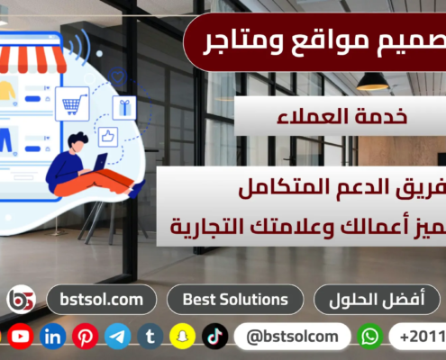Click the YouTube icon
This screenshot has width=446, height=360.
click(x=21, y=337)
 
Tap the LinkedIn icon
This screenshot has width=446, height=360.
click(x=53, y=337)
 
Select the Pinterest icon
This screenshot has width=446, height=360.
click(x=86, y=337)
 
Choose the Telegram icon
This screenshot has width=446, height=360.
click(x=118, y=337)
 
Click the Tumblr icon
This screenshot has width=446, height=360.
click(x=150, y=337)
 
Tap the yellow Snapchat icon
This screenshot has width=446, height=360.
click(x=183, y=337)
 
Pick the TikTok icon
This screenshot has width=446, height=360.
click(x=214, y=337)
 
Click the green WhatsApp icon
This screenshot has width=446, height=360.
click(x=370, y=337)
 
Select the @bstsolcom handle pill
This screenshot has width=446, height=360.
click(x=290, y=337)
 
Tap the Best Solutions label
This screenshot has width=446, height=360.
click(x=235, y=299)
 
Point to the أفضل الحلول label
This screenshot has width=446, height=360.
click(x=377, y=299)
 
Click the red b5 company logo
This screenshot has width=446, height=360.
click(x=21, y=300)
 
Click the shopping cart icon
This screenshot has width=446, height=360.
click(x=71, y=103)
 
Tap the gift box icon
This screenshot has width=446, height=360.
click(x=123, y=107)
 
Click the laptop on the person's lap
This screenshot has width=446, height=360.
click(x=96, y=164)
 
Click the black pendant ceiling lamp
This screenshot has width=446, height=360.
click(x=372, y=82)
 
